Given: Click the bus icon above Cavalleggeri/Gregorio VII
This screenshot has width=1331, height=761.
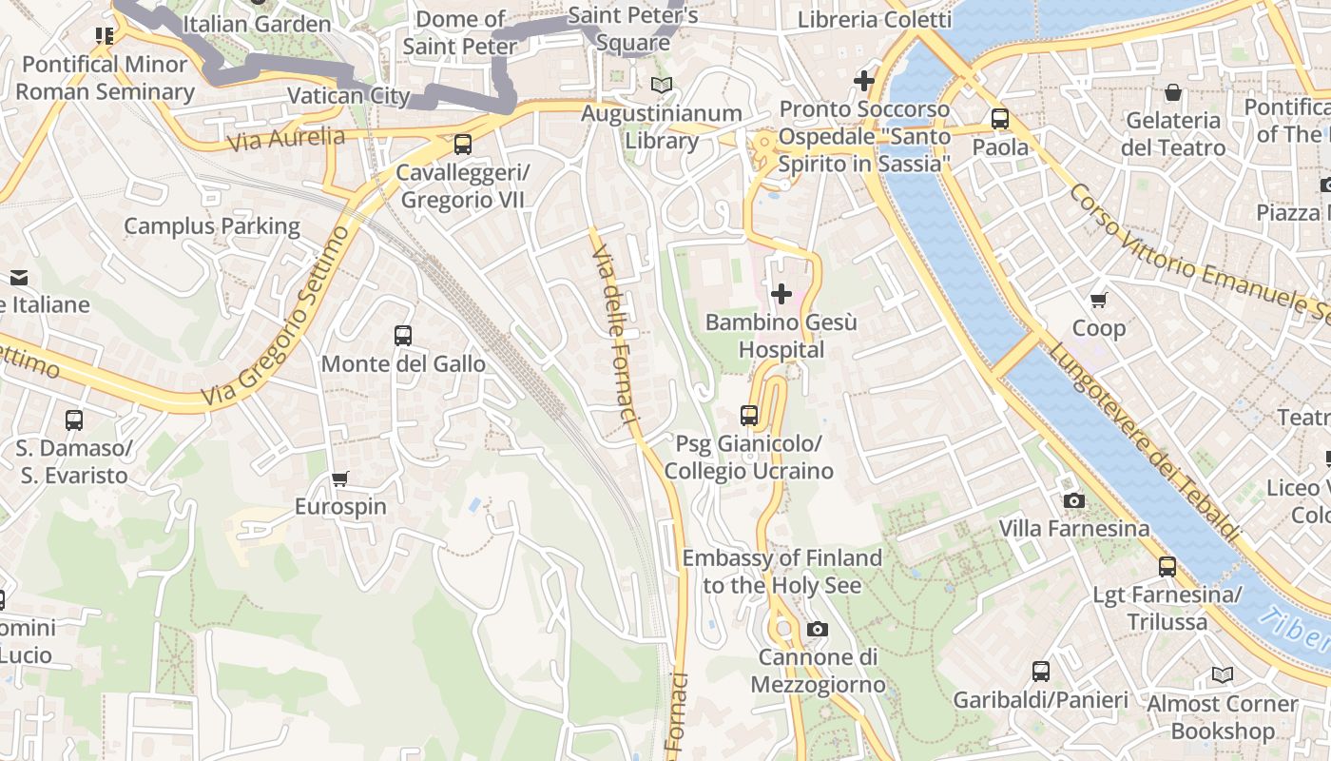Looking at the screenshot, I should pos(462,145).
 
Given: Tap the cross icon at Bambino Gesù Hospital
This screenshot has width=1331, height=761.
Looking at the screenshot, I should pos(781,294).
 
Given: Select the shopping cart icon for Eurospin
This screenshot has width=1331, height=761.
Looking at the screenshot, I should pos(340,478).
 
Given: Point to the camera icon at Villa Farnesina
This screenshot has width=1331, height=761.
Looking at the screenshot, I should pos(1073,500).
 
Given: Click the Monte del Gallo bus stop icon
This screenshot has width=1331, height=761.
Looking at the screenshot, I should pos(403,336).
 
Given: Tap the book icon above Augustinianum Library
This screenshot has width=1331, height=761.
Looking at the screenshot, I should pos(662,85).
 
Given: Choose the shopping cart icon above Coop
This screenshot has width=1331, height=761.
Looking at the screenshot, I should pos(1099,301).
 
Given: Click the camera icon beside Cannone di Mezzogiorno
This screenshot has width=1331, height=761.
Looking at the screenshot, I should pos(817,629).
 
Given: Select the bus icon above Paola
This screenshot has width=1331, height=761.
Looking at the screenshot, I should pos(1000,119).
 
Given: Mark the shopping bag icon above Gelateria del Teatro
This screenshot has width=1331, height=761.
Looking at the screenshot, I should pos(1173,92).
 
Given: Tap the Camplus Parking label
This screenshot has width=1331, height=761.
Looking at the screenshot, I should pos(212,226).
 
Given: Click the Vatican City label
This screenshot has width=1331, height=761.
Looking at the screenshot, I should pos(348,96).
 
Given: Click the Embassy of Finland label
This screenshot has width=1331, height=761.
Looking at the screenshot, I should pos(781,572).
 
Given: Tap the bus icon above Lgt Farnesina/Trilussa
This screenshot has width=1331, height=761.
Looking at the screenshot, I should pos(1167,567).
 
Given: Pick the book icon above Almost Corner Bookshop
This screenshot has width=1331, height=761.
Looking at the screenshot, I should pos(1222,675).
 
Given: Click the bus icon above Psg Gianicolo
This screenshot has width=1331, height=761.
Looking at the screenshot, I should pos(749,416).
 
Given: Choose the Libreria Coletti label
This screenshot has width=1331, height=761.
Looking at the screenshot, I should pos(874,20).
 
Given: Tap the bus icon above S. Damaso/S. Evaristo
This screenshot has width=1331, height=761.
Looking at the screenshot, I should pos(74,420).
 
